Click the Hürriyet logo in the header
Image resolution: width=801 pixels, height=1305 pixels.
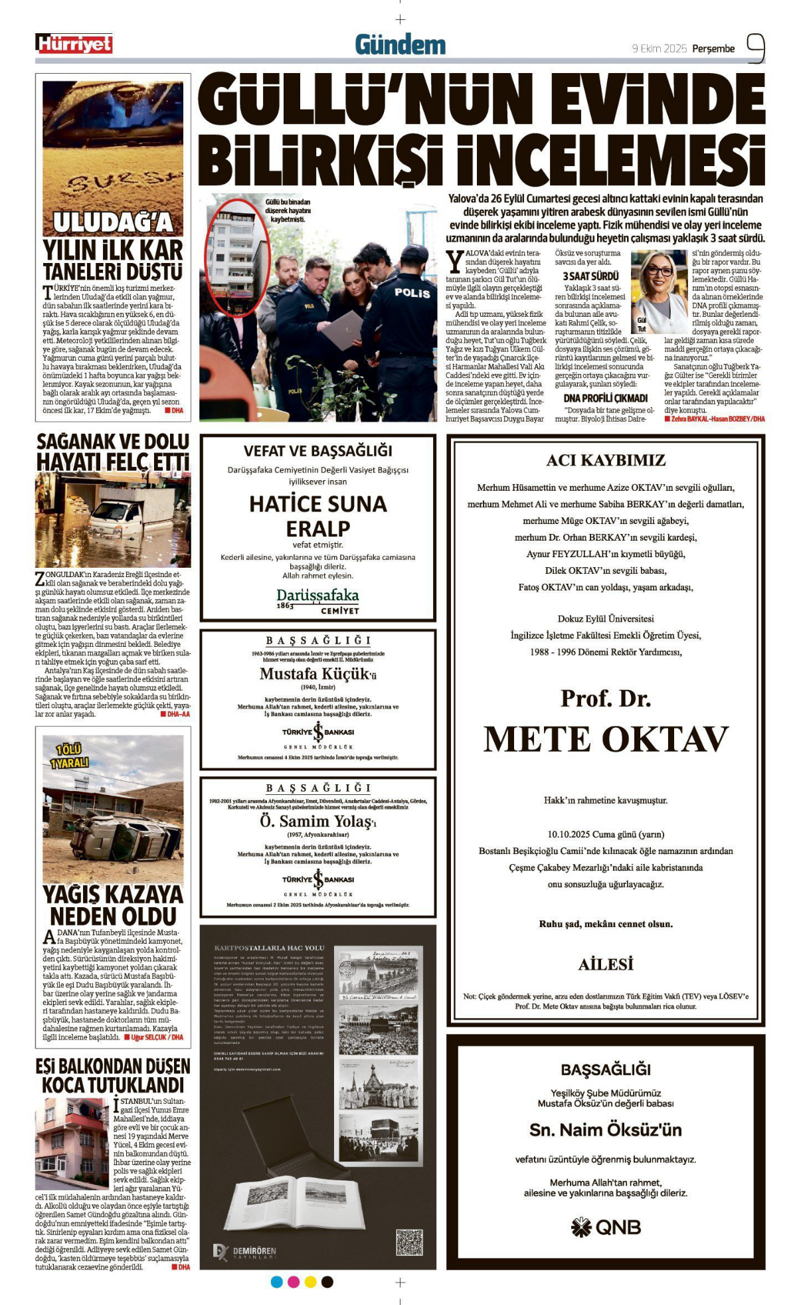[74, 44]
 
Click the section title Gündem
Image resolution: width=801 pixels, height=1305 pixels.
[400, 45]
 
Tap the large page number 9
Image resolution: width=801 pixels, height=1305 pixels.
[755, 48]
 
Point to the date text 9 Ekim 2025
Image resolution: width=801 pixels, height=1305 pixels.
[658, 48]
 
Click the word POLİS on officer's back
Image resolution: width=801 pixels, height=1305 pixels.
[412, 292]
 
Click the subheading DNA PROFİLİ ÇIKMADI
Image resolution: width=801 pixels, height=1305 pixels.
[605, 398]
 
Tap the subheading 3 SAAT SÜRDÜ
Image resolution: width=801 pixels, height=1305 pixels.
[590, 276]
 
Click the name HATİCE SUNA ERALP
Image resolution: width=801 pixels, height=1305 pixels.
[317, 516]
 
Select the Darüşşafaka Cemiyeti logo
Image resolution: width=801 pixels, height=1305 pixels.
[317, 600]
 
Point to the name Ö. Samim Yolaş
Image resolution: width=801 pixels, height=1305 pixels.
[317, 822]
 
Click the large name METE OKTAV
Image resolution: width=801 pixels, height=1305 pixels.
[605, 739]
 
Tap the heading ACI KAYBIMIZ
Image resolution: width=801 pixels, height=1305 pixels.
[605, 460]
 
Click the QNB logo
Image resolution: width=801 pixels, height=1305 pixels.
[605, 1227]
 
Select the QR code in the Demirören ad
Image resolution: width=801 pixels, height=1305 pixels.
[409, 1242]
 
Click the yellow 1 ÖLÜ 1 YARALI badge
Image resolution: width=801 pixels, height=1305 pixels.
[70, 756]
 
